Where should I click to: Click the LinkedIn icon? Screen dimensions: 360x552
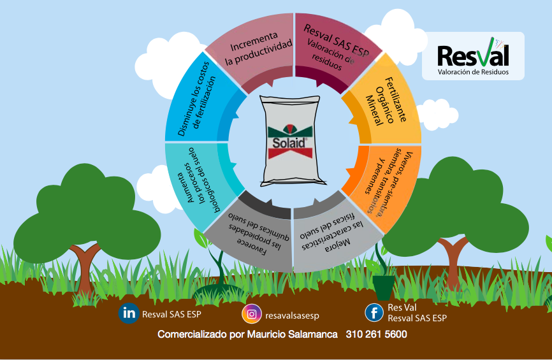pos(129,313)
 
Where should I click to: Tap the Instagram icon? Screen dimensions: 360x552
pos(252,314)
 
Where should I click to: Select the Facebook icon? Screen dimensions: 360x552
pos(374,313)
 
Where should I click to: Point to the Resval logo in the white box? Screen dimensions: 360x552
pos(473,55)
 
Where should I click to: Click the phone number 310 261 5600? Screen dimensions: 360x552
pos(376,334)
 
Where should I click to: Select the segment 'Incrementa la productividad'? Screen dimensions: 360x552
pos(252,52)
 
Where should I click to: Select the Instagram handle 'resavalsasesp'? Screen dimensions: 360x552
pos(292,315)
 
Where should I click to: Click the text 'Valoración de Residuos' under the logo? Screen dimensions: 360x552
pos(473,73)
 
